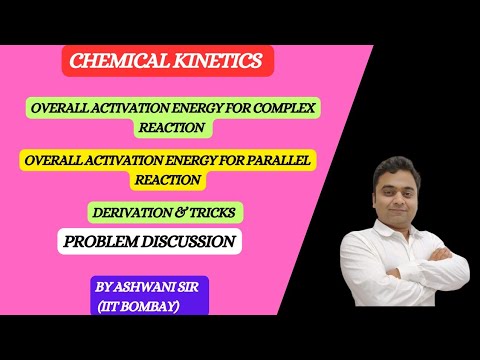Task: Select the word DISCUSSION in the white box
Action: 189,241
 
